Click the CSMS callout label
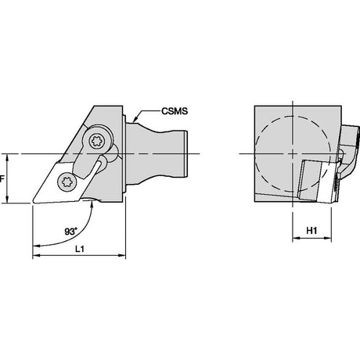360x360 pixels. tap(175, 111)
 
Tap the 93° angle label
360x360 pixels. tap(71, 232)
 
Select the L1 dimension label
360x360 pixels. tap(80, 249)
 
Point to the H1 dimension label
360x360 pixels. tap(311, 231)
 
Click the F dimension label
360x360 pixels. tap(2, 179)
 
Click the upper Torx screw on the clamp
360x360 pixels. tap(96, 142)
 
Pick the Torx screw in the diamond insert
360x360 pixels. tap(67, 182)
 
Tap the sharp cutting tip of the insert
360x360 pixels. tap(34, 202)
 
